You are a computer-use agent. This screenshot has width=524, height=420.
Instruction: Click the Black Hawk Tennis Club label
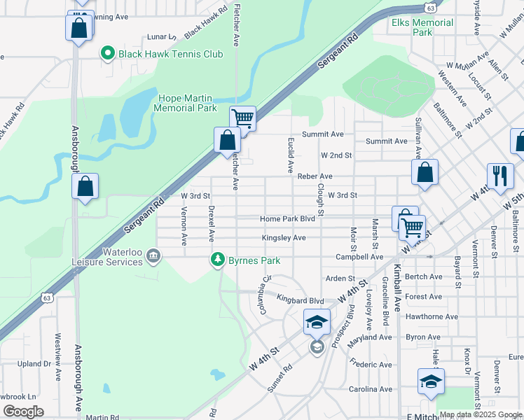(x=170, y=54)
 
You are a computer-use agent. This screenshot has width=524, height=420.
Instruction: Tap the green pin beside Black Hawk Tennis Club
(x=107, y=52)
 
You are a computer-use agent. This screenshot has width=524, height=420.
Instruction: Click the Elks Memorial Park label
(x=422, y=27)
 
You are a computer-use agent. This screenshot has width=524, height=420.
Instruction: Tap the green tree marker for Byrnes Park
(x=219, y=260)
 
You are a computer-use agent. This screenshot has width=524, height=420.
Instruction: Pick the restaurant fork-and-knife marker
(x=499, y=176)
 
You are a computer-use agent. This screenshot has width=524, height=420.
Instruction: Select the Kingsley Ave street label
(x=284, y=238)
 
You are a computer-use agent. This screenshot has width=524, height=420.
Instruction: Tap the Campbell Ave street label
(x=359, y=257)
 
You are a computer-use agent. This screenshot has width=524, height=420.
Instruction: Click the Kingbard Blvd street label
(x=300, y=300)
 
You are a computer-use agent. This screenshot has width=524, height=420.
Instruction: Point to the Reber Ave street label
(x=315, y=176)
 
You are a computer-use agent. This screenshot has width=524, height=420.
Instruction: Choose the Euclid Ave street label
(x=289, y=155)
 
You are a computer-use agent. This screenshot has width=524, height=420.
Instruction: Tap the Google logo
(x=24, y=411)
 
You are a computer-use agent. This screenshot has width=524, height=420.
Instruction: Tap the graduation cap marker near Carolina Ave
(x=430, y=381)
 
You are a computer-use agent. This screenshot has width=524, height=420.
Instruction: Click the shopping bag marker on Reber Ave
(x=425, y=172)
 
